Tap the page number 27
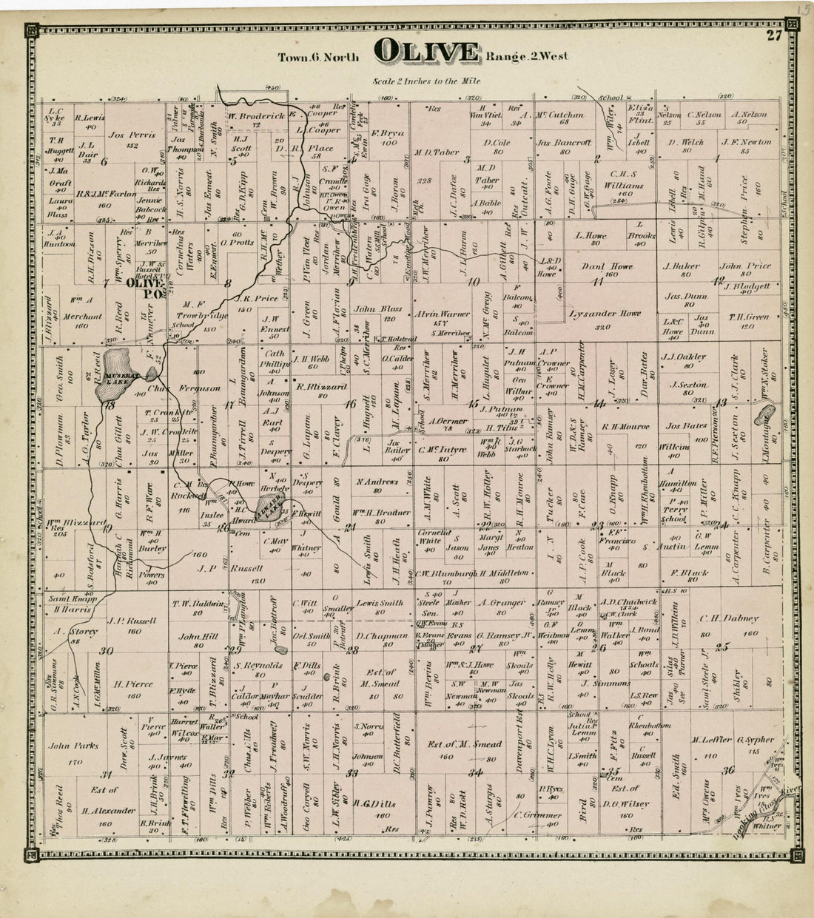[x=774, y=36]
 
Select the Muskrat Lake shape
[x=119, y=366]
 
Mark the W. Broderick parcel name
[x=256, y=116]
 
